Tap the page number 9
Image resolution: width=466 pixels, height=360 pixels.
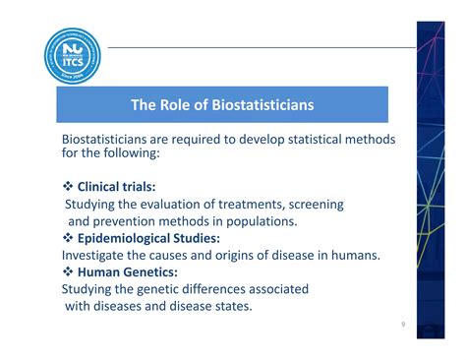pos(404,325)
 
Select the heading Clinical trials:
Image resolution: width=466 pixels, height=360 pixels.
pos(117,186)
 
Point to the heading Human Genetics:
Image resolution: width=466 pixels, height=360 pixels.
pos(128,272)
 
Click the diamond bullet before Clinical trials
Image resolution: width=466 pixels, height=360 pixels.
pos(67,186)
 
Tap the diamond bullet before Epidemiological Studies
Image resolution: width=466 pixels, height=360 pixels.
pos(67,238)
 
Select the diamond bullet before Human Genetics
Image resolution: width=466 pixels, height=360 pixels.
pos(67,272)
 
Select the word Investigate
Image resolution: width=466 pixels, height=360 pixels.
pos(98,255)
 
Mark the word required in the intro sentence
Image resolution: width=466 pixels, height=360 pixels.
pos(217,140)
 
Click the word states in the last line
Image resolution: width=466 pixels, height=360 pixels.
pos(228,306)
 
